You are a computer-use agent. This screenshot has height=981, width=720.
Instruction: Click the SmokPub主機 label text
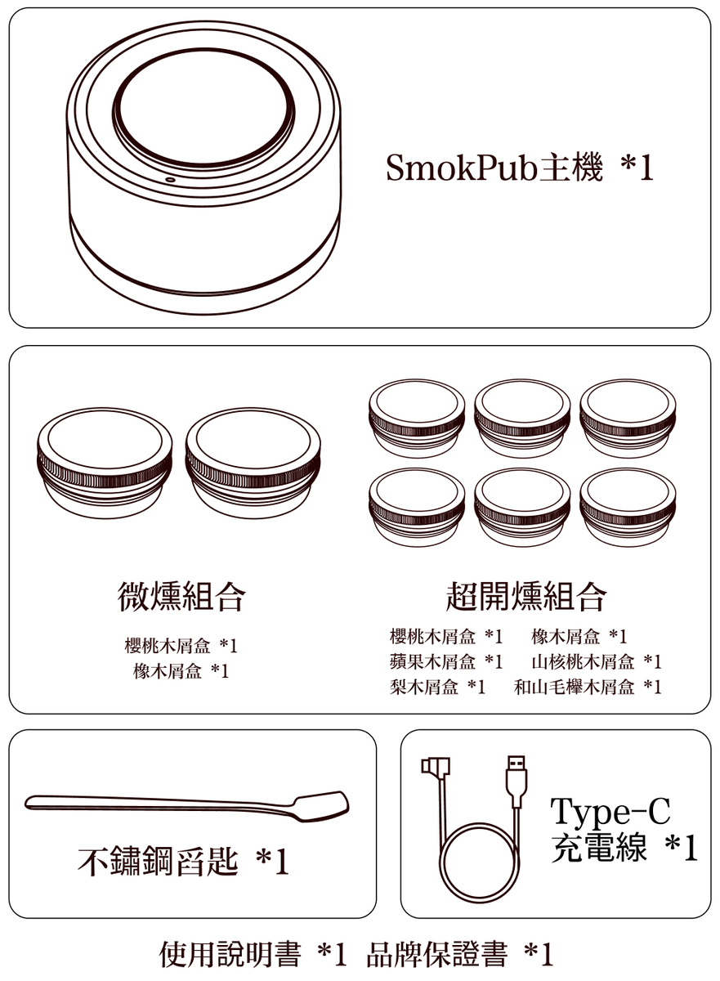pos(494,167)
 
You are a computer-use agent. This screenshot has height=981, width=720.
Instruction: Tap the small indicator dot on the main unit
pos(170,179)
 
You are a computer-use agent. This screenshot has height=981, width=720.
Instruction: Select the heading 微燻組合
pos(181,596)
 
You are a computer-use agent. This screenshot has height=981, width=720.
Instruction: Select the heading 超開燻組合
pos(526,596)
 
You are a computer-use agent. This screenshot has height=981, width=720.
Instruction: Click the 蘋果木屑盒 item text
pos(432,661)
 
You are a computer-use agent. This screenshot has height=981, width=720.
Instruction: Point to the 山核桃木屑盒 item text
pos(583,661)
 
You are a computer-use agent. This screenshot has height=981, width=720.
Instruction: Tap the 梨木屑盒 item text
pos(423,687)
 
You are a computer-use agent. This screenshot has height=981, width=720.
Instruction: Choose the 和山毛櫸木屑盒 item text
pos(574,687)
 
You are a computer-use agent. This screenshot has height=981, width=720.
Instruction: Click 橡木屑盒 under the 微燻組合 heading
pos(168,671)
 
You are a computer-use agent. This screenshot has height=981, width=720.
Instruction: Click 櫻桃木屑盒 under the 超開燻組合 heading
pos(432,636)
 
